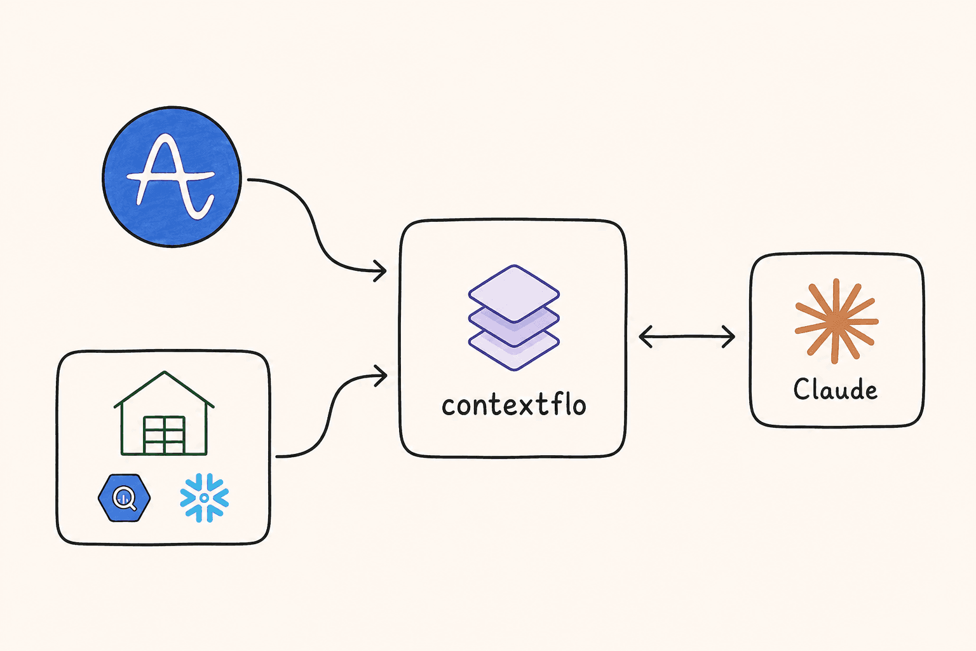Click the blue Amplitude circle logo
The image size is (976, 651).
point(172,177)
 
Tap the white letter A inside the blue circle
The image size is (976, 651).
point(171,177)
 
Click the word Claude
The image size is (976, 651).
point(836,389)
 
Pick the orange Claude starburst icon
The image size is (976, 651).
point(836,321)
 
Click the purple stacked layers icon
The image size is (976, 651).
point(514,318)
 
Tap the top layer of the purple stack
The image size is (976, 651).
point(514,294)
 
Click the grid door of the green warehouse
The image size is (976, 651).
point(165,435)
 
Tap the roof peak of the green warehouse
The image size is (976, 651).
point(165,372)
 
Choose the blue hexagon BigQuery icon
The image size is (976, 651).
point(124,498)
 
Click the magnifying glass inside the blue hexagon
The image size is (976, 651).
point(125,498)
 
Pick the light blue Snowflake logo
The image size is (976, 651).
point(205,498)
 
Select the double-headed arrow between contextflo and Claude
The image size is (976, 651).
point(687,336)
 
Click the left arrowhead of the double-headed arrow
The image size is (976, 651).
point(646,336)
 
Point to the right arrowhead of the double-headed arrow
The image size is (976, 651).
point(729,336)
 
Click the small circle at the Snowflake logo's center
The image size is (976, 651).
point(204,498)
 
